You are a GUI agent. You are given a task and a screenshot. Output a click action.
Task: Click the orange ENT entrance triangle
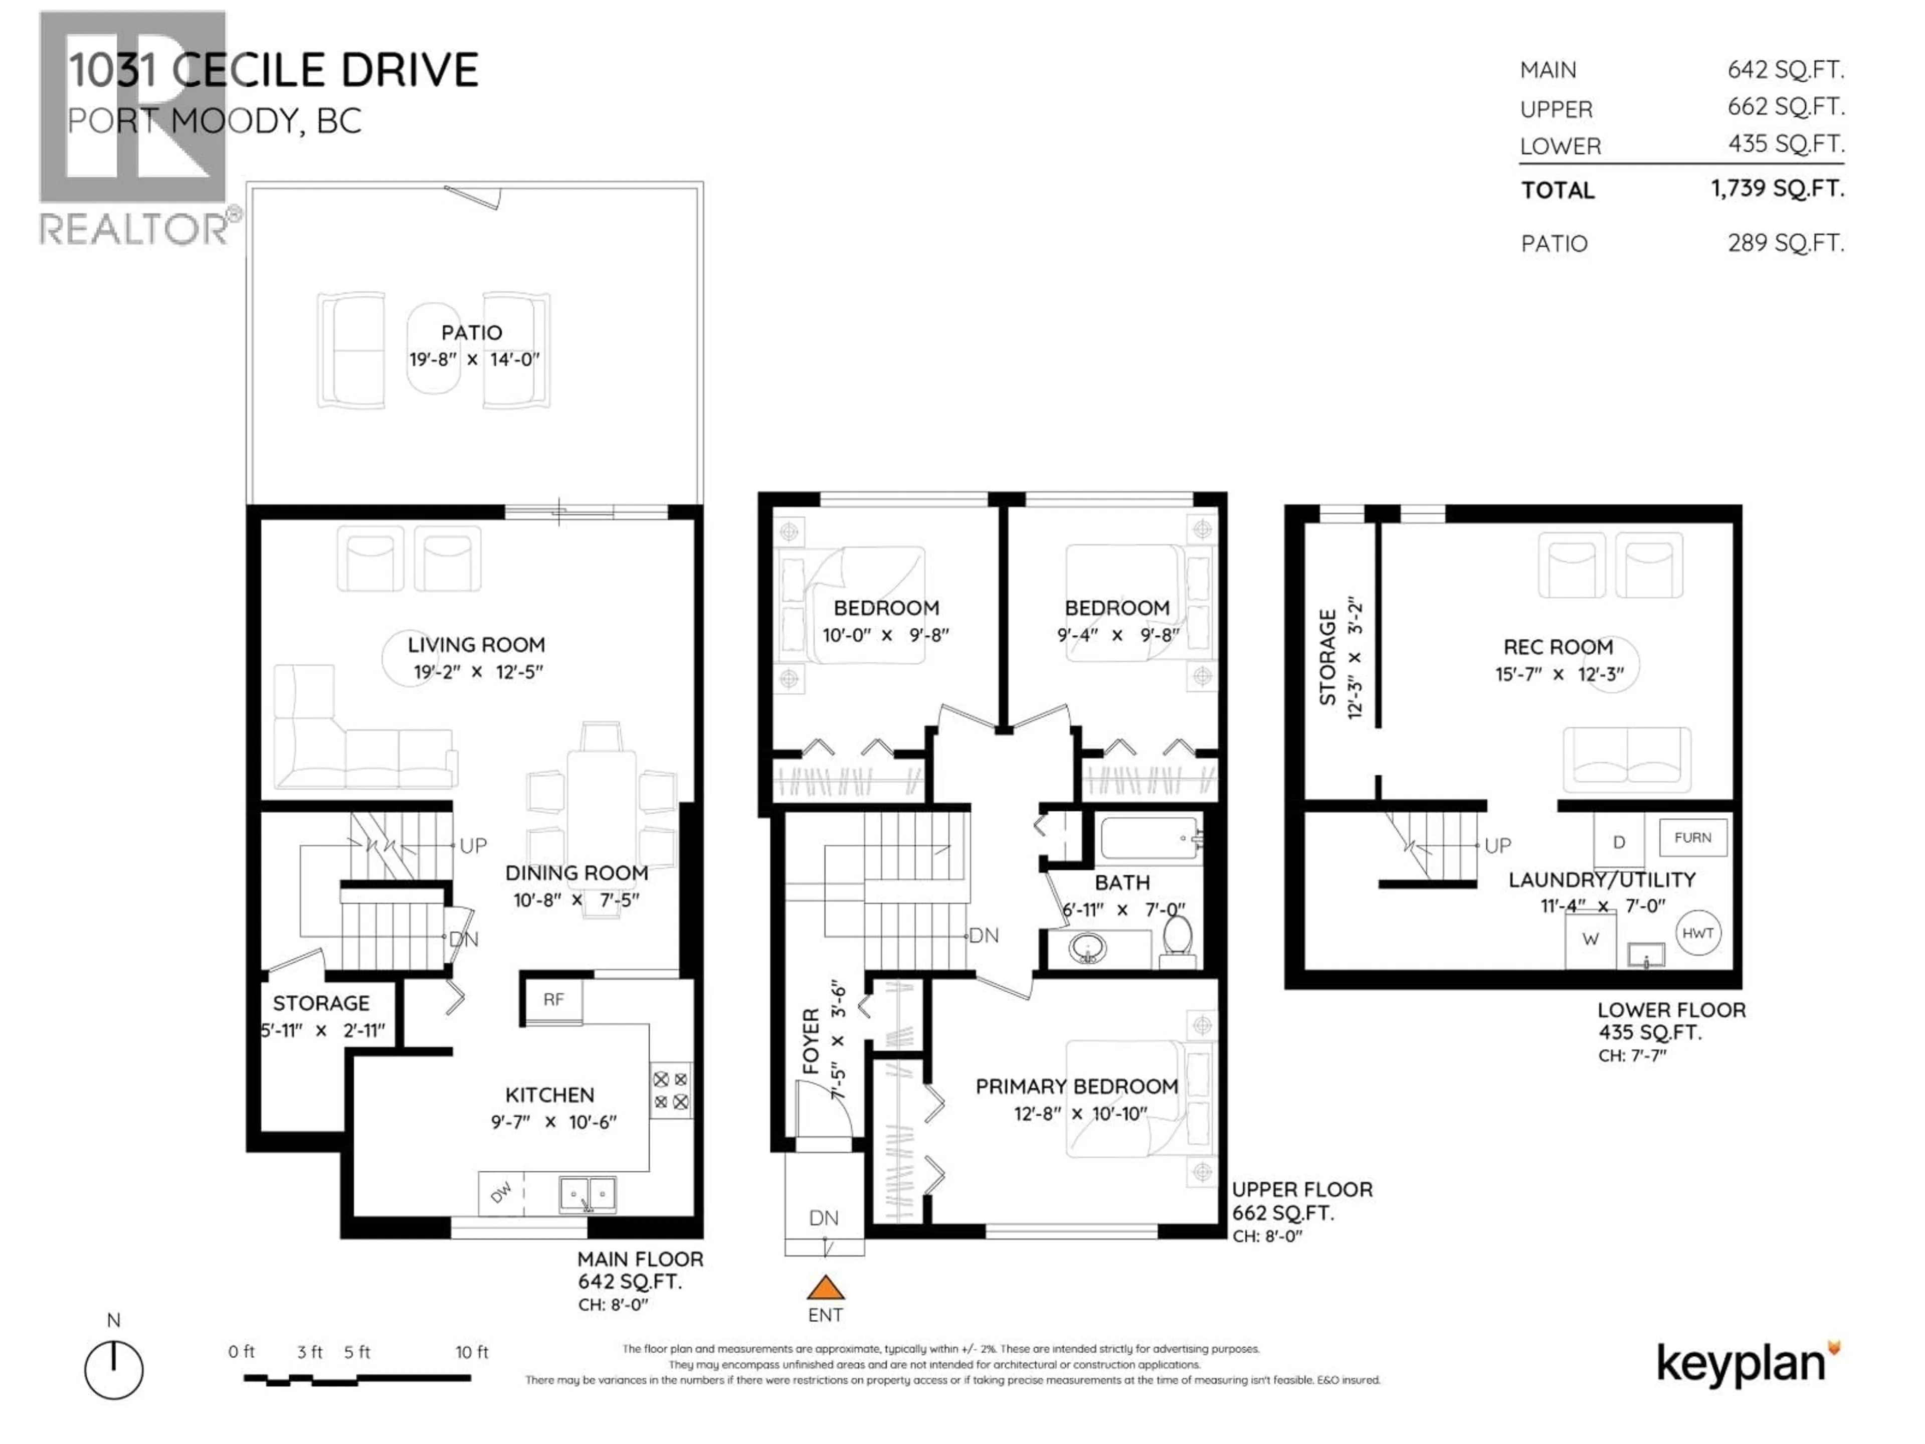pyautogui.click(x=825, y=1288)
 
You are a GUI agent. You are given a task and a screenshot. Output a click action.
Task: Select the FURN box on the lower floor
pyautogui.click(x=1692, y=837)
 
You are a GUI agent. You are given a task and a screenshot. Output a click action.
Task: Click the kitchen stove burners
pyautogui.click(x=670, y=1090)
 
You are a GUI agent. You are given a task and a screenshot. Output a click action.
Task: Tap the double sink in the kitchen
pyautogui.click(x=588, y=1194)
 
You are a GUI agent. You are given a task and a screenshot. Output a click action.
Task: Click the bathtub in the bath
pyautogui.click(x=1149, y=838)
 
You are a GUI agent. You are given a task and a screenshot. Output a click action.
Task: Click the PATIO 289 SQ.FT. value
pyautogui.click(x=1786, y=243)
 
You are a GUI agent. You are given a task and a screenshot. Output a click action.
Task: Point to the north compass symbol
pyautogui.click(x=114, y=1370)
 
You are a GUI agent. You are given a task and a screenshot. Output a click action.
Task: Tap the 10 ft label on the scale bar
pyautogui.click(x=472, y=1352)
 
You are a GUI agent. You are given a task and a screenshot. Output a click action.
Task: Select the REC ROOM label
pyautogui.click(x=1558, y=647)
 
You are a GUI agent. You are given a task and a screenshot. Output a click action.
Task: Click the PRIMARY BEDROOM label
pyautogui.click(x=1076, y=1087)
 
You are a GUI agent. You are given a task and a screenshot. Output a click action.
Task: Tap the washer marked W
pyautogui.click(x=1590, y=939)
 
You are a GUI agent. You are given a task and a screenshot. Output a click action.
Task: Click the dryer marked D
pyautogui.click(x=1619, y=842)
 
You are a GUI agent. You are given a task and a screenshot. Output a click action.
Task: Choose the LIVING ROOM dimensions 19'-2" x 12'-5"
pyautogui.click(x=478, y=672)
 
